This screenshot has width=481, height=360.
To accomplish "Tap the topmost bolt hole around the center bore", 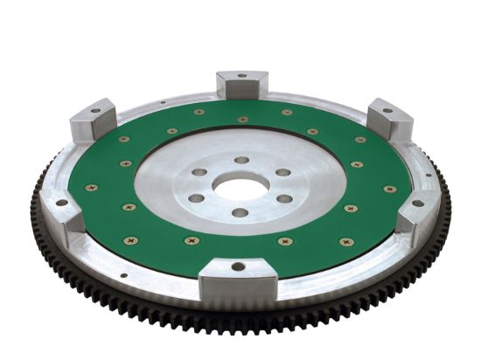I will (240, 161).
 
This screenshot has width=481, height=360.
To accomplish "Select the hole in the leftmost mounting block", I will (61, 203).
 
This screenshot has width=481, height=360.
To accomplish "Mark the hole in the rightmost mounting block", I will (417, 203).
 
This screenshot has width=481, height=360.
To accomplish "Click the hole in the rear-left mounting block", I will (94, 111).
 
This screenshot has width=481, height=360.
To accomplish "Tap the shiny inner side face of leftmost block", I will (77, 222).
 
